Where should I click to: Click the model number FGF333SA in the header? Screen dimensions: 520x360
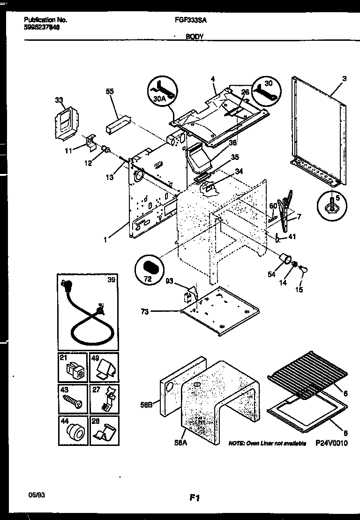[x=187, y=20]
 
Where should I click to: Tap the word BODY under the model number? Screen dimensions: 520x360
[x=194, y=36]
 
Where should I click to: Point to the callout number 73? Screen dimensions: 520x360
[x=145, y=311]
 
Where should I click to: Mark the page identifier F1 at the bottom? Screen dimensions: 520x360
[x=195, y=499]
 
